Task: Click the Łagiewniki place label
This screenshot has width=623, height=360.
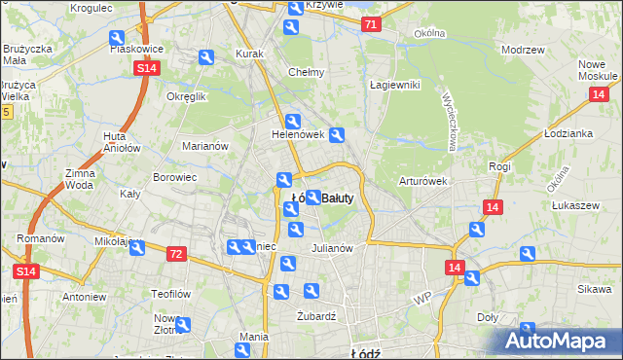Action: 394,85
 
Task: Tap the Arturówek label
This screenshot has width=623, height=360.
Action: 421,181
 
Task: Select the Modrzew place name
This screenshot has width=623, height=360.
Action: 521,49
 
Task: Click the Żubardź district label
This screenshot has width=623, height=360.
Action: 315,315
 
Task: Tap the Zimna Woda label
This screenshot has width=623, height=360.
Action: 80,178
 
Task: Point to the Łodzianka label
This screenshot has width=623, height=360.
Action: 568,133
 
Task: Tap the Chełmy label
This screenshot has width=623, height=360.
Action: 307,72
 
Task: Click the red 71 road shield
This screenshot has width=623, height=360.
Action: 370,24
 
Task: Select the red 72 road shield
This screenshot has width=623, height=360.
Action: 175,254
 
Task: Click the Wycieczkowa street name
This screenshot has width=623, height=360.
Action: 450,121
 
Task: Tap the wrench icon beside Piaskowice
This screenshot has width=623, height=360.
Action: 117,38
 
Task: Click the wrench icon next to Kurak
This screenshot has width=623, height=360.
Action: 206,58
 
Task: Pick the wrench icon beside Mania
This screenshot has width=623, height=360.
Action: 244,349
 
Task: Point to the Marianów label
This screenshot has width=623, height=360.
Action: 204,146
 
